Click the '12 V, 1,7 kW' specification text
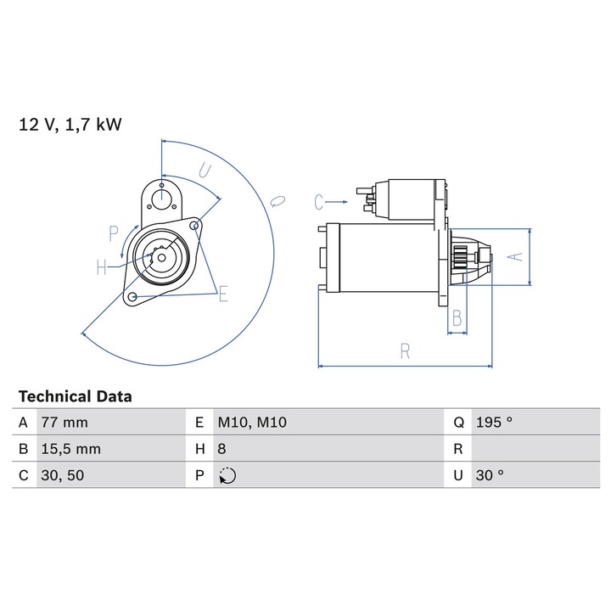tap(70, 125)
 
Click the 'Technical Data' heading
tap(76, 396)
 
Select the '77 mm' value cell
tap(64, 423)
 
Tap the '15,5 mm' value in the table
tap(71, 449)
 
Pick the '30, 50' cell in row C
tap(62, 475)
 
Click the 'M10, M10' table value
tap(252, 423)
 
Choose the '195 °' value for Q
tap(494, 422)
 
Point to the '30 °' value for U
tap(490, 475)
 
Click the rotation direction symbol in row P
tap(227, 476)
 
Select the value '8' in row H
tap(221, 449)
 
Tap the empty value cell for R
tap(535, 449)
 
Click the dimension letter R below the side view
tap(406, 351)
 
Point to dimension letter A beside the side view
tap(516, 257)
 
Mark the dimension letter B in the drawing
tap(457, 318)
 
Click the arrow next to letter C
tap(336, 202)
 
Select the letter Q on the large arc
tap(277, 201)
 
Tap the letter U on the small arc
tap(205, 171)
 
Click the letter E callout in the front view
tap(223, 294)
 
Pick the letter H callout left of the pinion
tap(101, 267)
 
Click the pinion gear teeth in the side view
tap(461, 257)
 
